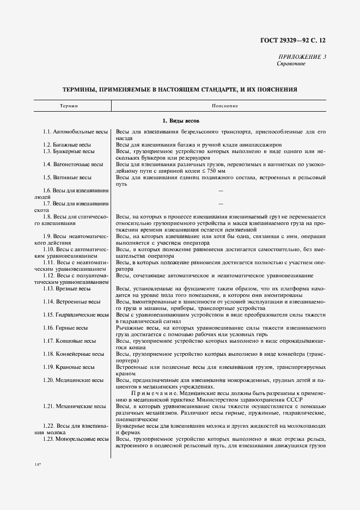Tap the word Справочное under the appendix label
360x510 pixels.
pyautogui.click(x=291, y=64)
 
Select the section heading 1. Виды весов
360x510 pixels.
pyautogui.click(x=181, y=120)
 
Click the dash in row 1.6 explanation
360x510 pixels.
pyautogui.click(x=221, y=191)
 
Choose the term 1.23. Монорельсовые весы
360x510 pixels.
pyautogui.click(x=76, y=439)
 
